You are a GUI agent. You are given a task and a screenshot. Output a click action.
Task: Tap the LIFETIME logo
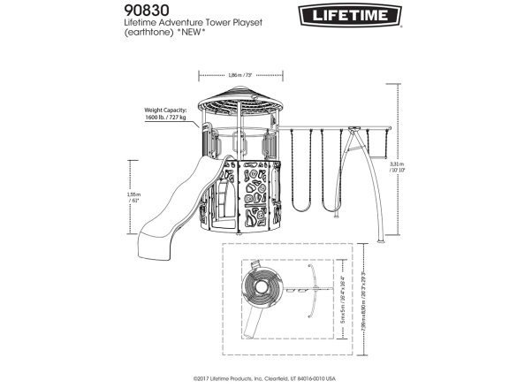click(x=348, y=14)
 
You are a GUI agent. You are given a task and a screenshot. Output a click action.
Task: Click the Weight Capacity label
click(x=165, y=111)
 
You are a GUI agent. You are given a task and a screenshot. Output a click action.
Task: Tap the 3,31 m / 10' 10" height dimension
click(x=399, y=167)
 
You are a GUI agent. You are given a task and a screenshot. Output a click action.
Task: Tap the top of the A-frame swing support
click(x=353, y=130)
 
